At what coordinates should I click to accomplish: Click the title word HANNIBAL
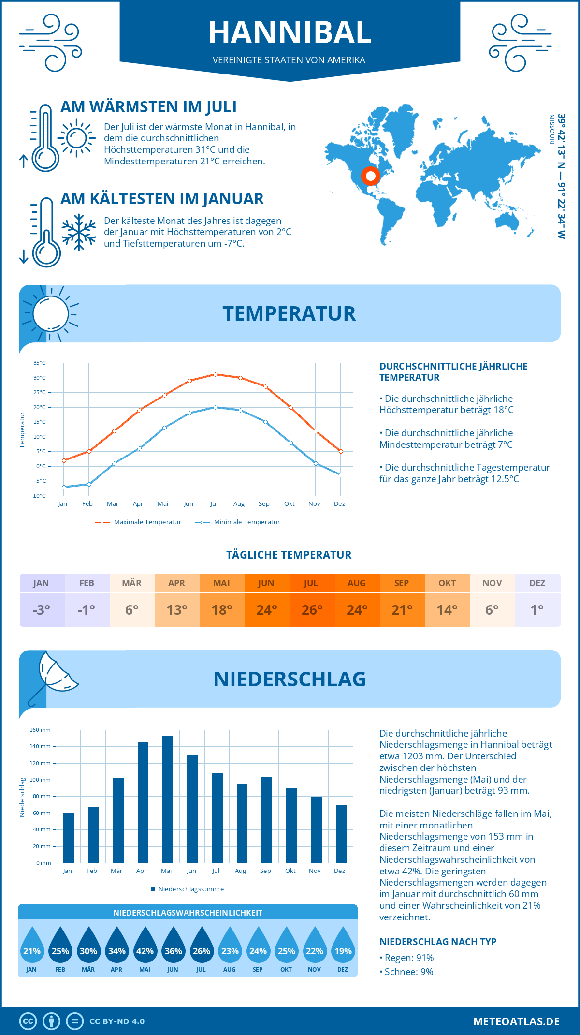coord(290,32)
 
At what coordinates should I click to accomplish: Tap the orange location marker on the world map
coord(371,176)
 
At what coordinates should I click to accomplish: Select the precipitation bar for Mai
coord(168,799)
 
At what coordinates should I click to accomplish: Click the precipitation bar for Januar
coord(69,838)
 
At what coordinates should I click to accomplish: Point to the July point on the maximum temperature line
coord(215,374)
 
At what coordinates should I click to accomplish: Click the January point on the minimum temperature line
coord(64,487)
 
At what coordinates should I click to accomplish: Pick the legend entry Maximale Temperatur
coord(138,522)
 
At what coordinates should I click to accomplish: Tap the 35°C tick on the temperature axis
coord(40,363)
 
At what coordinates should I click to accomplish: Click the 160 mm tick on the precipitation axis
coord(41,730)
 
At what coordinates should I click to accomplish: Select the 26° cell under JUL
coord(312,610)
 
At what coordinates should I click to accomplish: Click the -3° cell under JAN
coord(42,610)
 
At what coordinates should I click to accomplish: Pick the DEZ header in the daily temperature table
coord(537,583)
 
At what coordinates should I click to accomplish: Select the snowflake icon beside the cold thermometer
coord(79,232)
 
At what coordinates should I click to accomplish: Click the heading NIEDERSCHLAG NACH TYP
coord(438,942)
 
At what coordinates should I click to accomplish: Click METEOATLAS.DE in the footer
coord(516,1021)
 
